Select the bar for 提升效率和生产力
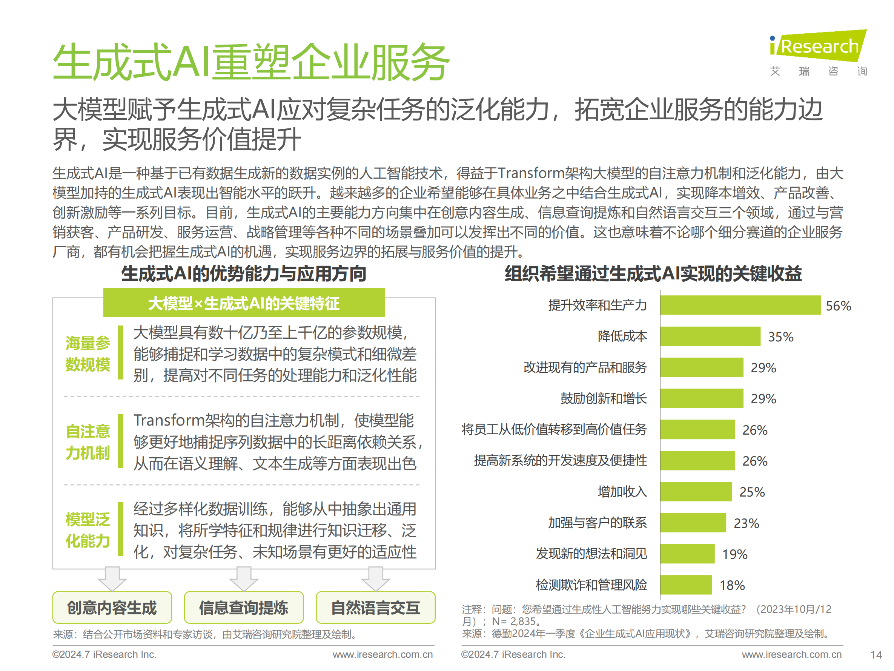point(740,305)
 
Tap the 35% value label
point(780,336)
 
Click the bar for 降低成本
point(710,336)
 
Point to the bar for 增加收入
point(696,492)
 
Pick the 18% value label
point(732,585)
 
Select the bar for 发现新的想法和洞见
point(687,554)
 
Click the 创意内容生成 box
point(112,608)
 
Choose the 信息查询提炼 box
point(244,608)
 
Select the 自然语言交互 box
point(375,608)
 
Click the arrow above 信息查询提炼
point(244,579)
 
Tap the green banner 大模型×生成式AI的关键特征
point(244,303)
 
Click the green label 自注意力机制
point(88,442)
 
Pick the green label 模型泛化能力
point(88,530)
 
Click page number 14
point(876,655)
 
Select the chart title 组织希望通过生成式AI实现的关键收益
point(653,274)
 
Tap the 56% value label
point(838,306)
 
